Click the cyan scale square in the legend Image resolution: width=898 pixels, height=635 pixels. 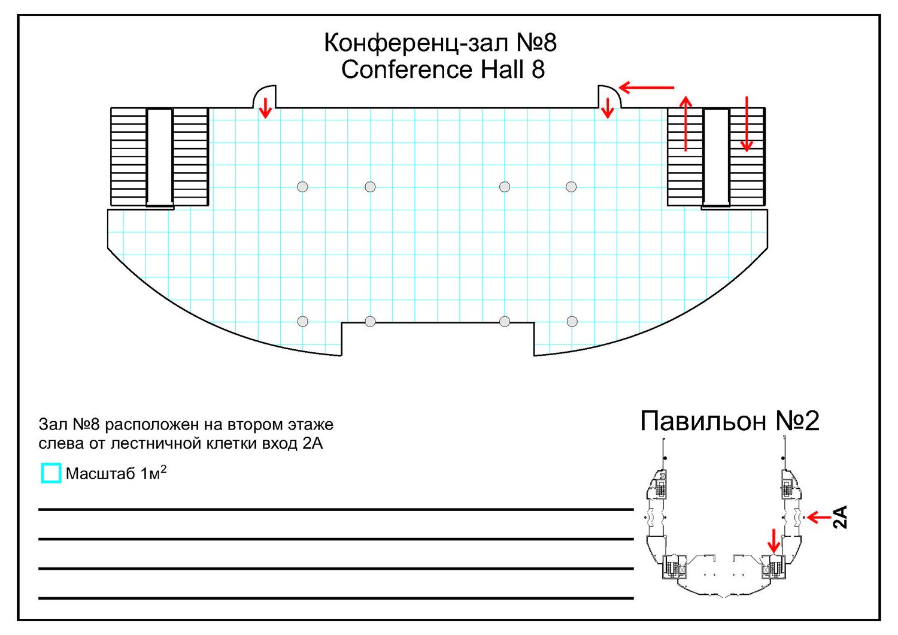[x=51, y=473]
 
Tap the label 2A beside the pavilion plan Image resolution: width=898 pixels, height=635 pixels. [x=841, y=517]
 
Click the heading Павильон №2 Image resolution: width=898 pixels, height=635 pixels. [x=729, y=421]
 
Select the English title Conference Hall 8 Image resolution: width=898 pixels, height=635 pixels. [x=443, y=69]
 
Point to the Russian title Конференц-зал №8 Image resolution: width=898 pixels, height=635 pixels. [x=440, y=43]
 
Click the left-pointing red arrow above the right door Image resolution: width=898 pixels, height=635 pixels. [x=646, y=88]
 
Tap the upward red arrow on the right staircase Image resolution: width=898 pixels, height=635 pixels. [x=686, y=123]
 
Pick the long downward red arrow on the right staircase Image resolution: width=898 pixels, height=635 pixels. [x=747, y=123]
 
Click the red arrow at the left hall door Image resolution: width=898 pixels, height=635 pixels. [x=265, y=108]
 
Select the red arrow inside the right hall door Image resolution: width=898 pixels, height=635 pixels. [x=608, y=108]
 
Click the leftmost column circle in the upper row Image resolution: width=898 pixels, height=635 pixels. [x=302, y=187]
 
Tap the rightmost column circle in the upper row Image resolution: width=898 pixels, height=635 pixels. [x=571, y=187]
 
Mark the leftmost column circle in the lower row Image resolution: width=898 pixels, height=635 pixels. [x=303, y=322]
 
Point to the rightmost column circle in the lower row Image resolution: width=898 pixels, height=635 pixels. [x=572, y=322]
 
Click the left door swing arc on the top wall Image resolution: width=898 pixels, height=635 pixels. [x=263, y=95]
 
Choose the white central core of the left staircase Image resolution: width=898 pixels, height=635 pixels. [x=160, y=157]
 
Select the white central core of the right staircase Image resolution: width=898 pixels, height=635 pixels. [x=716, y=157]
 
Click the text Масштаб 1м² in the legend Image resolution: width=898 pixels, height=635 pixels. [x=116, y=473]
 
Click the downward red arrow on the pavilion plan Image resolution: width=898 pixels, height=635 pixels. [x=773, y=540]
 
